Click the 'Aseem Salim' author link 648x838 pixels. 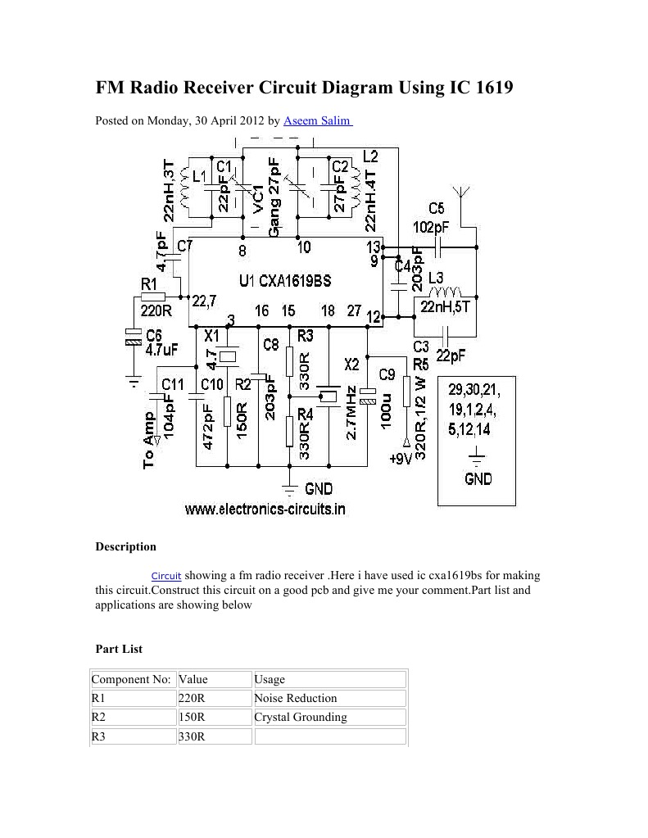pyautogui.click(x=317, y=121)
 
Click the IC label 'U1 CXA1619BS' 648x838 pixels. pyautogui.click(x=285, y=280)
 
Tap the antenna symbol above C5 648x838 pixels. pyautogui.click(x=462, y=196)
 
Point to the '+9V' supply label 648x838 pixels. pyautogui.click(x=401, y=458)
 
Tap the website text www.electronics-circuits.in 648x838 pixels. pyautogui.click(x=265, y=509)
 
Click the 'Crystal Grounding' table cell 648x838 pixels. pyautogui.click(x=301, y=717)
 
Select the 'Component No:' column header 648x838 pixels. pyautogui.click(x=131, y=679)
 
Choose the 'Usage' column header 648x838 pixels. pyautogui.click(x=270, y=679)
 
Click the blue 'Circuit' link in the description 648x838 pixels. pyautogui.click(x=166, y=576)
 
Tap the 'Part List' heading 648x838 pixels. pyautogui.click(x=120, y=649)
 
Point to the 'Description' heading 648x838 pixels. pyautogui.click(x=126, y=546)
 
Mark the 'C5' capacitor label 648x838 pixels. pyautogui.click(x=436, y=208)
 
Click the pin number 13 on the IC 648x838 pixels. pyautogui.click(x=374, y=247)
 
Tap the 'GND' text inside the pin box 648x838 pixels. pyautogui.click(x=478, y=478)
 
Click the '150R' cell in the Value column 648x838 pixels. pyautogui.click(x=192, y=717)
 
